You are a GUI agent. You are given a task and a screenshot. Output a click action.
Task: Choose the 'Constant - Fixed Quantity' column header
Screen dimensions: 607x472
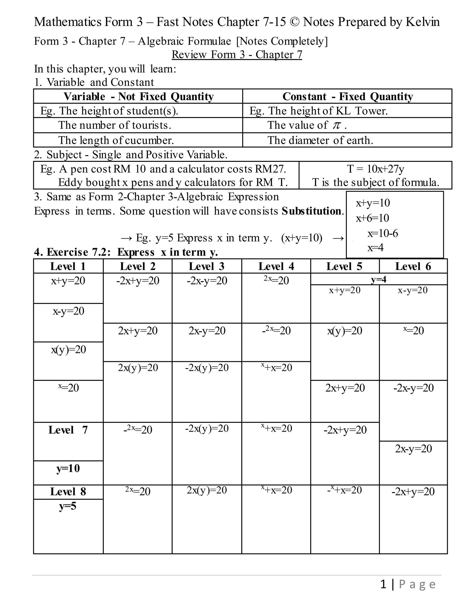(348, 96)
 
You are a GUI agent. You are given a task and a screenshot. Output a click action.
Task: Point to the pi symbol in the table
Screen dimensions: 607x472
(336, 125)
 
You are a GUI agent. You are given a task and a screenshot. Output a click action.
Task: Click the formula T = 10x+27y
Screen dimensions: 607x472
(376, 169)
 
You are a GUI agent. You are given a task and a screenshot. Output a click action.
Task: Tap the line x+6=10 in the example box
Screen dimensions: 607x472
(372, 218)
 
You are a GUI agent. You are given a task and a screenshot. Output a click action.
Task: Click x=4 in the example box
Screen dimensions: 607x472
(375, 247)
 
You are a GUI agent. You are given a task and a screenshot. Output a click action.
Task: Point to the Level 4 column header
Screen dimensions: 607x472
(276, 266)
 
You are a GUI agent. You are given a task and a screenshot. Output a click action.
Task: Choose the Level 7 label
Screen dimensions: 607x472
(68, 430)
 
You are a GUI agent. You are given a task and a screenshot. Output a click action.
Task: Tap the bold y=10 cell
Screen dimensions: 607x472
(68, 468)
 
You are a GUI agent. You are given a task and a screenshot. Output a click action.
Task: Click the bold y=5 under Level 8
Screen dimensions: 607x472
(68, 506)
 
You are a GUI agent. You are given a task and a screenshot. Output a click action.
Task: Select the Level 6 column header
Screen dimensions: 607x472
(413, 266)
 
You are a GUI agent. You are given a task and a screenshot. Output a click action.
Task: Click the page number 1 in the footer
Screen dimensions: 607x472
(383, 584)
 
